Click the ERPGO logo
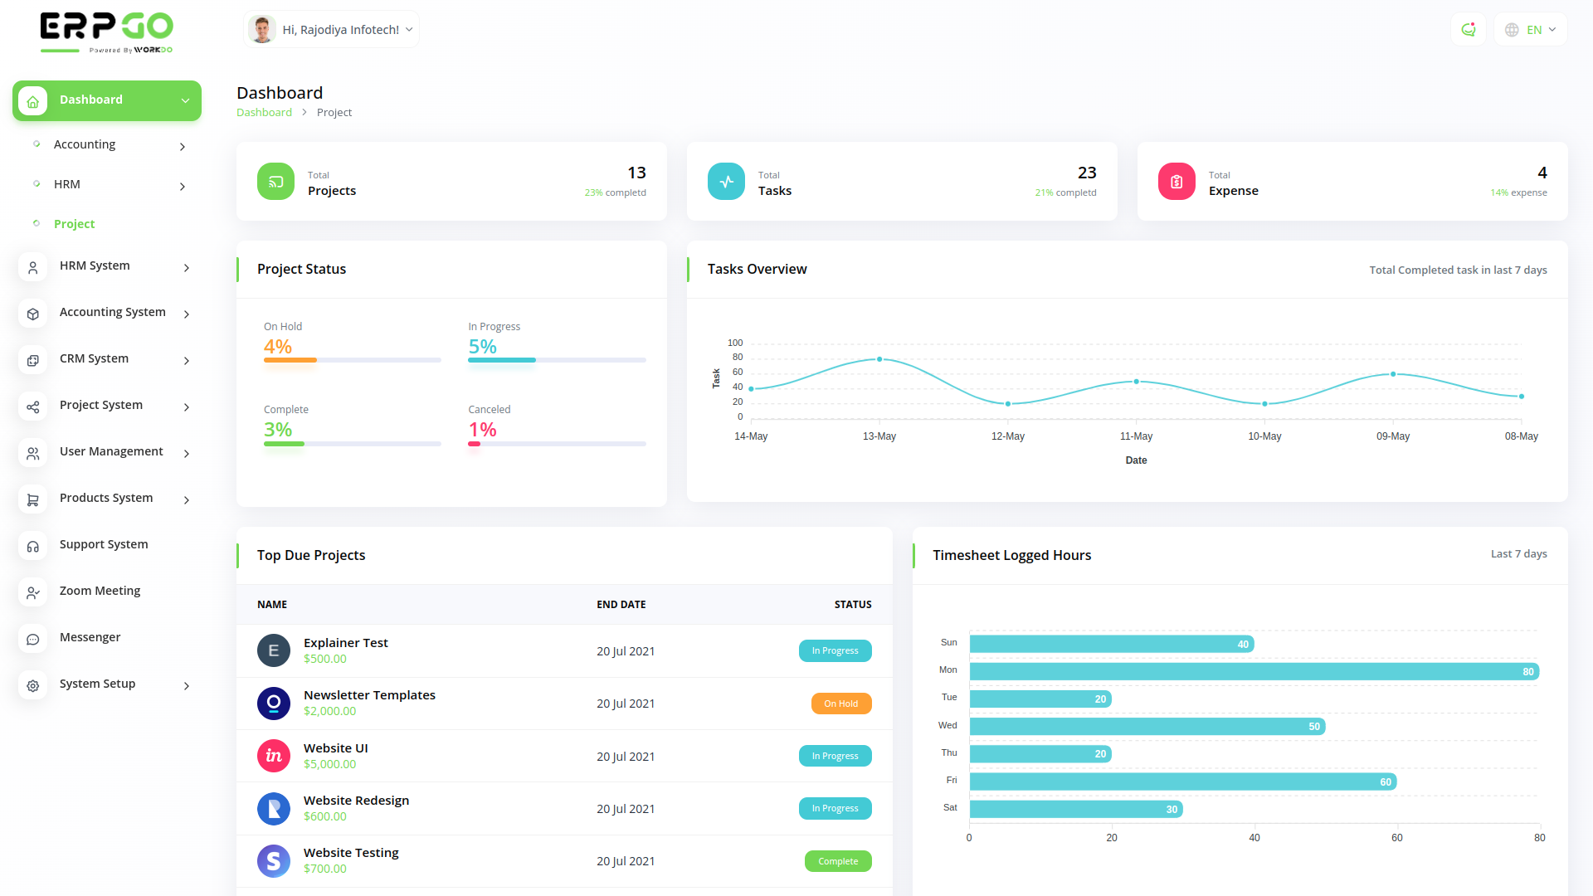coord(106,32)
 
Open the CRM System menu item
coord(94,358)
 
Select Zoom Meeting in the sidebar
coord(100,591)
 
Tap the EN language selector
coord(1531,30)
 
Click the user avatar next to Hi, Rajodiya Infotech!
coord(262,30)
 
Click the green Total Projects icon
coord(275,182)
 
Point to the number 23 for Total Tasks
coord(1087,173)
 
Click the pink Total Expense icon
coord(1176,182)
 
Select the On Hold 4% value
coord(278,347)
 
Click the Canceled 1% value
coord(482,430)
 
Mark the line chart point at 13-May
coord(879,359)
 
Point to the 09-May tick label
coord(1393,436)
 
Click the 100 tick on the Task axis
coord(735,343)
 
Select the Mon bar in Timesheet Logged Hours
coord(1254,671)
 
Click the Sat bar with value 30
coord(1076,809)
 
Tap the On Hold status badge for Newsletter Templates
coord(840,704)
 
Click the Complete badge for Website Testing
coord(838,861)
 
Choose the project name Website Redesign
coord(356,801)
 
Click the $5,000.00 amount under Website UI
coord(329,764)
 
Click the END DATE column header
coord(621,605)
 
